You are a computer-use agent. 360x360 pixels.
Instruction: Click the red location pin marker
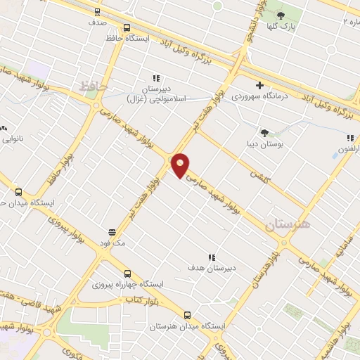(181, 164)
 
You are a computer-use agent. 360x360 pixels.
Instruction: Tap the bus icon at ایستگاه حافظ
(127, 28)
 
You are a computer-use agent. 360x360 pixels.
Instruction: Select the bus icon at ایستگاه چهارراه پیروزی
(127, 274)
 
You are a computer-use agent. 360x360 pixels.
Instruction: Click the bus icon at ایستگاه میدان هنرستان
(186, 316)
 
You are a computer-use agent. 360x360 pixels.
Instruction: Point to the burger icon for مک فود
(112, 231)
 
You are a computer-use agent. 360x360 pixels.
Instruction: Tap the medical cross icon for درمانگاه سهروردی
(259, 84)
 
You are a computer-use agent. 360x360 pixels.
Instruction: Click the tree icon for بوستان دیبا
(264, 132)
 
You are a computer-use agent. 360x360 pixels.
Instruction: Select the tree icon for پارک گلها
(281, 15)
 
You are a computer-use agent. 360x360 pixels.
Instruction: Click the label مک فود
(112, 243)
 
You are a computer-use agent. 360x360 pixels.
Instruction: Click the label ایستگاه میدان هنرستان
(186, 327)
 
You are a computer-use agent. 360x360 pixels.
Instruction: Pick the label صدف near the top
(98, 22)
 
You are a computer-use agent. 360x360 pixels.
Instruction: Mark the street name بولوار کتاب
(141, 300)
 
